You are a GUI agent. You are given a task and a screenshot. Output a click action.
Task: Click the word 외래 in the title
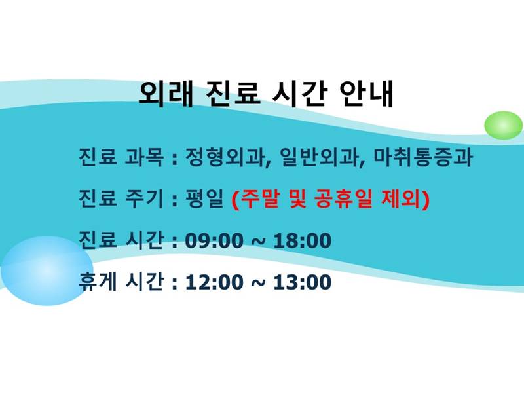click(x=166, y=94)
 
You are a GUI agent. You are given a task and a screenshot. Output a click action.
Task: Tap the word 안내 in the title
click(x=367, y=94)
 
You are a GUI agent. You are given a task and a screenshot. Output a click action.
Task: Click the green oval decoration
click(x=503, y=125)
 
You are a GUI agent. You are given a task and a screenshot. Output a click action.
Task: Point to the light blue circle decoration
click(x=47, y=271)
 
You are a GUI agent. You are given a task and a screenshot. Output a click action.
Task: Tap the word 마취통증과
click(x=423, y=157)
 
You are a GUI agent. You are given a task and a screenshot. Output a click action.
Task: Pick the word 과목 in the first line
click(x=144, y=157)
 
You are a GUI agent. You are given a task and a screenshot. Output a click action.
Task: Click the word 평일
click(x=204, y=198)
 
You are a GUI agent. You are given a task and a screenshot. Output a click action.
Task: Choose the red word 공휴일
click(x=343, y=198)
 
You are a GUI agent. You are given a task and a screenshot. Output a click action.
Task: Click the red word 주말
click(x=259, y=198)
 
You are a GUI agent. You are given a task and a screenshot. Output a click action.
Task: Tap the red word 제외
click(x=401, y=198)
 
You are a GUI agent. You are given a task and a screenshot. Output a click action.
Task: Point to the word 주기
click(x=144, y=198)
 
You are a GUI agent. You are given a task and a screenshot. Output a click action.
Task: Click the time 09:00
click(x=214, y=240)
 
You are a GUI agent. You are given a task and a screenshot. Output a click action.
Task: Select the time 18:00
click(x=303, y=240)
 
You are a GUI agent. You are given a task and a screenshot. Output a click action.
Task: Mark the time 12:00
click(x=214, y=282)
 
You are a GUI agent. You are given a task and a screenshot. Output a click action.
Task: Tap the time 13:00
click(x=303, y=282)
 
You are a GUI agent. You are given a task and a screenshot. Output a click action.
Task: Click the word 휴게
click(x=98, y=282)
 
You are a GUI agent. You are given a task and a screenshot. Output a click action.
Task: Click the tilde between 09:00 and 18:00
click(x=258, y=242)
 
